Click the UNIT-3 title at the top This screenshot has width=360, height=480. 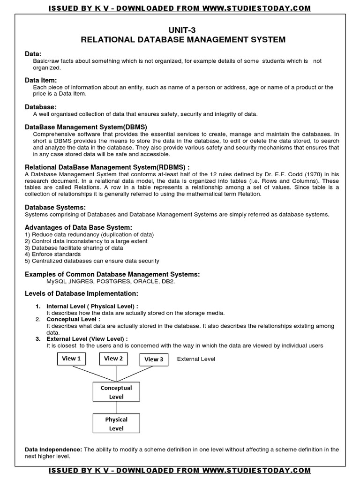(x=183, y=30)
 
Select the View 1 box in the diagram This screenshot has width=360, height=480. (x=72, y=359)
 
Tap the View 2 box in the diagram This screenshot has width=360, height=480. (x=113, y=359)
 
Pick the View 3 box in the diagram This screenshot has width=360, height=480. (x=154, y=360)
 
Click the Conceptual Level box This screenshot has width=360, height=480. (x=116, y=392)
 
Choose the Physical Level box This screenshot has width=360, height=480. (x=116, y=424)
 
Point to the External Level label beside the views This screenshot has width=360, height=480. (x=196, y=359)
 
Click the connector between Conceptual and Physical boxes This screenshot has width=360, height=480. (x=116, y=408)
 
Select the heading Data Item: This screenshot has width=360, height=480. (x=41, y=81)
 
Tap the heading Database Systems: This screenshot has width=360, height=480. (x=55, y=207)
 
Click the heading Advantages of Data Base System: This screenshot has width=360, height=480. (x=75, y=227)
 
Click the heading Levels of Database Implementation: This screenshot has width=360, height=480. (x=81, y=293)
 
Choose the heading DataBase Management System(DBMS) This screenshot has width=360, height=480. (x=86, y=127)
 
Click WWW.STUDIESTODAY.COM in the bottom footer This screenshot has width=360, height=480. (x=258, y=470)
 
